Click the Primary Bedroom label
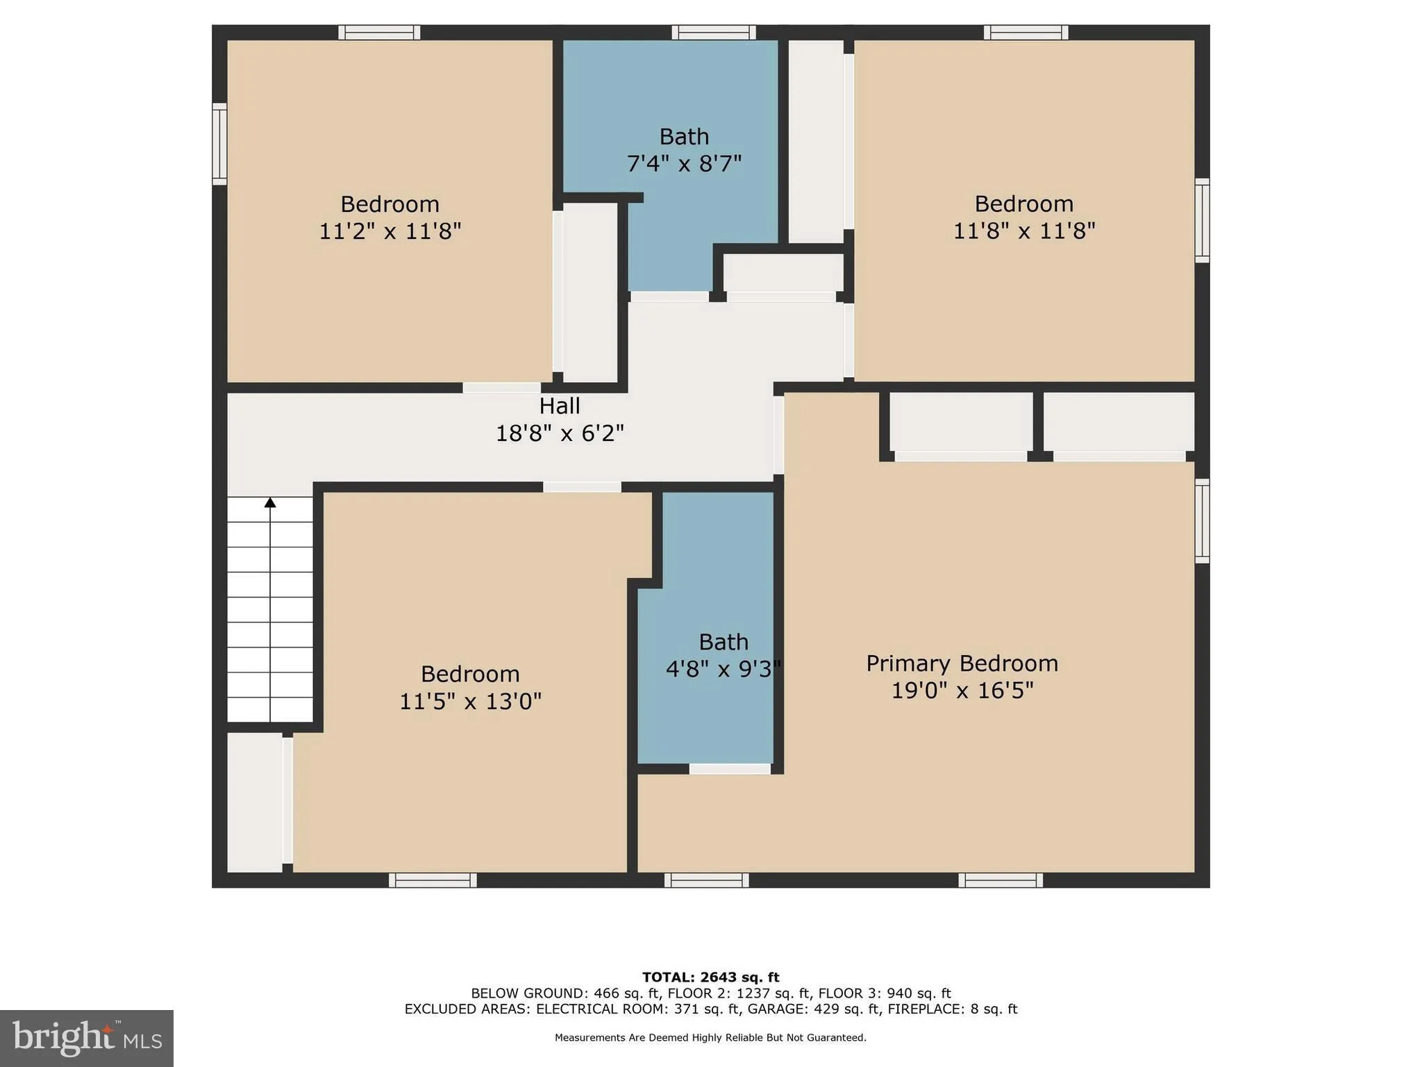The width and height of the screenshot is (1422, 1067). (x=962, y=663)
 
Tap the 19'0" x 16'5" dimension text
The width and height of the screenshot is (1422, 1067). (x=962, y=690)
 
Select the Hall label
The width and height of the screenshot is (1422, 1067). (x=559, y=406)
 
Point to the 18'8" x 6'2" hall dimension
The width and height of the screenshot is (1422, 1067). (x=559, y=433)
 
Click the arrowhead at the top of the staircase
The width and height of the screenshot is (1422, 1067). (x=270, y=502)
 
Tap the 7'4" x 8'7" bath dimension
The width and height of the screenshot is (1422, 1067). (x=684, y=164)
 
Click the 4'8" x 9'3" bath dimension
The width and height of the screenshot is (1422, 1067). (x=723, y=669)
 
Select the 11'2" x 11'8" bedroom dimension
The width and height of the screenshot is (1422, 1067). (x=390, y=231)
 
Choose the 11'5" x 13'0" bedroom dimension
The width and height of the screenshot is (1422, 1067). (x=470, y=702)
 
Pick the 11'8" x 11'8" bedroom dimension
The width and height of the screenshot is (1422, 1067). (x=1023, y=231)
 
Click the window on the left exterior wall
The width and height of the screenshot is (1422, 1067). (x=219, y=144)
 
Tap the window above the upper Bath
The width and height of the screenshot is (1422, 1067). (x=713, y=33)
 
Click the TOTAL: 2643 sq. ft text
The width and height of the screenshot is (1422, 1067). (x=710, y=977)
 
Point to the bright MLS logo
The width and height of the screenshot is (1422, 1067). (x=87, y=1038)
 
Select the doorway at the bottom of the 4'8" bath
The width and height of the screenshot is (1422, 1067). (x=730, y=769)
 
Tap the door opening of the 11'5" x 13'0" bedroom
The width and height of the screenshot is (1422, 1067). (x=582, y=487)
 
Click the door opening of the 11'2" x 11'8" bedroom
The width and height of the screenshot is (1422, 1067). (x=502, y=388)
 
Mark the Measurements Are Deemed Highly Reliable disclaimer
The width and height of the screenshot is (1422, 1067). (x=710, y=1038)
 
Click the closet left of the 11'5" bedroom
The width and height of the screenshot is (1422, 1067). (x=254, y=802)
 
